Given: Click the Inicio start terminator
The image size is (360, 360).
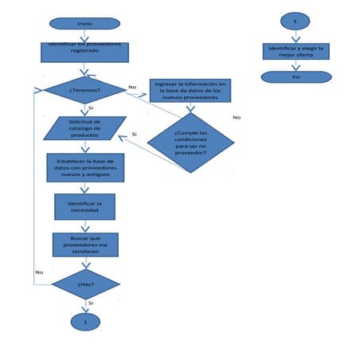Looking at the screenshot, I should point(84,23).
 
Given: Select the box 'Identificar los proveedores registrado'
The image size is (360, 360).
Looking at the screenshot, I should point(84,52).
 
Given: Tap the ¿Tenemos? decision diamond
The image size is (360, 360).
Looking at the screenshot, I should point(84,89).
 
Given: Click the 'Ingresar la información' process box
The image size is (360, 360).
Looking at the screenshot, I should point(190,90).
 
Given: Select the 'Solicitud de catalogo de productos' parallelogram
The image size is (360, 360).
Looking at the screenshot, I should point(79,127).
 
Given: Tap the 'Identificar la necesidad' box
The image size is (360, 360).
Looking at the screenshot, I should point(84,206).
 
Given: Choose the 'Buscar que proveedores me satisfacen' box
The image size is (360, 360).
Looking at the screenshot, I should point(84,245).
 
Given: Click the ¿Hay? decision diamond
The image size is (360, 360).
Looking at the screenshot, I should point(85,284).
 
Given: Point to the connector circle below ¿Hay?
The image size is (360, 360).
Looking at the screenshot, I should point(85,321).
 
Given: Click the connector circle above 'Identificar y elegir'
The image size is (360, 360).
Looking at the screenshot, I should point(295,22).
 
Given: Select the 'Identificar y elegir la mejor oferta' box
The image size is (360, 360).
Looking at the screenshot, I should point(295,51).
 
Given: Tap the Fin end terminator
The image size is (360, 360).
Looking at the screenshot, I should point(295,77).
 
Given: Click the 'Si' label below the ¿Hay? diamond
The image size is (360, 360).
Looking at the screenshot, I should point(91,303).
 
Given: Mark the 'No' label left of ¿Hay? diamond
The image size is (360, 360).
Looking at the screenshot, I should point(38,272).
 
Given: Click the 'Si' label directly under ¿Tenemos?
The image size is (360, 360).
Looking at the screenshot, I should point(91,107).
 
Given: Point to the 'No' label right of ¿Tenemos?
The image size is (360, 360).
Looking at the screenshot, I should point(132,86).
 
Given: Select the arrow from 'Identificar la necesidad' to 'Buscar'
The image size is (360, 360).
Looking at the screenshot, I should point(84,226).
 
